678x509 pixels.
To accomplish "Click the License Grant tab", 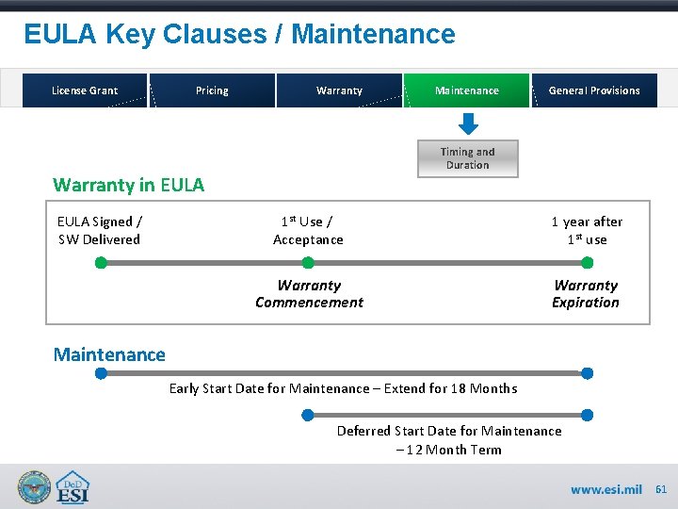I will [84, 90].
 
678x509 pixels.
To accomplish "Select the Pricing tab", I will [212, 90].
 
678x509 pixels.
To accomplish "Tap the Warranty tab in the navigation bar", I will [339, 90].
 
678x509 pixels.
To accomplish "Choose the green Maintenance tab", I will [467, 90].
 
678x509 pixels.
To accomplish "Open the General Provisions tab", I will [594, 90].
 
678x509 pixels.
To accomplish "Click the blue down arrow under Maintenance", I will [468, 124].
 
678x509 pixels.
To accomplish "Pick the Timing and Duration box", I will [468, 158].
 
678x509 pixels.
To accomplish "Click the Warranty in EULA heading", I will [128, 185].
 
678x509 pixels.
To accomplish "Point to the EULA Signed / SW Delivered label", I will [99, 230].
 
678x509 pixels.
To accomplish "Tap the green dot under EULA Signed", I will [101, 263].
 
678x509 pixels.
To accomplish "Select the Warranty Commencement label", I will [309, 293].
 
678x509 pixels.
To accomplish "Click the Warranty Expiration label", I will [586, 293].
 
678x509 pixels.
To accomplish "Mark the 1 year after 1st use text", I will [587, 230].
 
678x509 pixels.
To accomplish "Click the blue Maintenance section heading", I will [109, 354].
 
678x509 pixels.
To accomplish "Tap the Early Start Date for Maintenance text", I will [343, 388].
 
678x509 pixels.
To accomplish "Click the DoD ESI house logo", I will [73, 486].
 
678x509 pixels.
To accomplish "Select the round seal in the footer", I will [35, 486].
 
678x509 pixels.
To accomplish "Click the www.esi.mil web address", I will [606, 489].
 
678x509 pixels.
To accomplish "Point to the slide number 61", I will [661, 489].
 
